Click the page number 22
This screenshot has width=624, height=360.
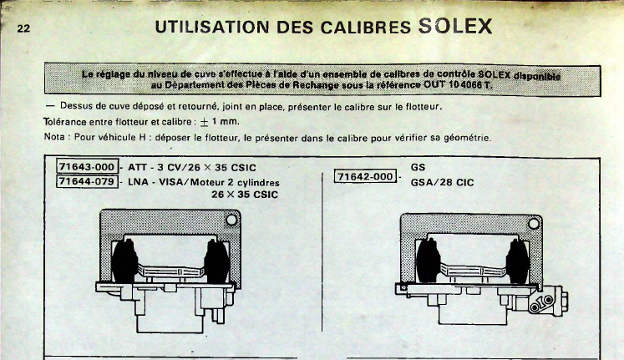(23, 28)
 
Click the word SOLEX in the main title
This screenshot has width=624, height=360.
(455, 26)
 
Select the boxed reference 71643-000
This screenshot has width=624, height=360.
(87, 167)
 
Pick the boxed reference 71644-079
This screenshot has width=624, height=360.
(87, 181)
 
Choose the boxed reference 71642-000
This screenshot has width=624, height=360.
(365, 176)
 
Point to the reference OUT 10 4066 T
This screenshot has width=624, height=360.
(458, 84)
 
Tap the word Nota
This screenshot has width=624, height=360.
(54, 137)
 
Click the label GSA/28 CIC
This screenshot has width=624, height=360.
(442, 183)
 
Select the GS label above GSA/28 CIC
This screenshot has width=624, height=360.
(418, 167)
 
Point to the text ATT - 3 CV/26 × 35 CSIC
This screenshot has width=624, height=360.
(192, 167)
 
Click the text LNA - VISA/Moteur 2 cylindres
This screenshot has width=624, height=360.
(203, 183)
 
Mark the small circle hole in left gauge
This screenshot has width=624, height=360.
(231, 220)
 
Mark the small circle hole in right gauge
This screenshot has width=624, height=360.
(534, 224)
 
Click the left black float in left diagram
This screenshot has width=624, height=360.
(124, 261)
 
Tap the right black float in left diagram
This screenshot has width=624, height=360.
(216, 261)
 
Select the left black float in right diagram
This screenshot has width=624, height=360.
(429, 261)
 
